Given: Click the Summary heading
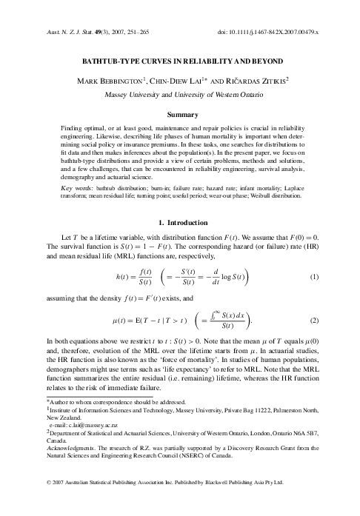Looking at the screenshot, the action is [179, 116].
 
